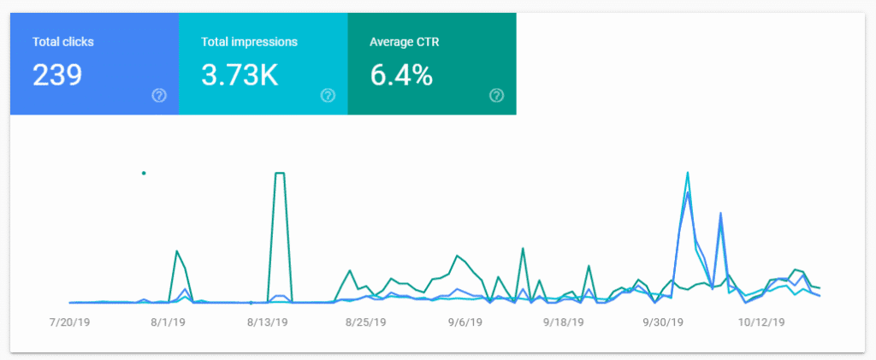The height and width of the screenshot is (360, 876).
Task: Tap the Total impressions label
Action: [x=249, y=41]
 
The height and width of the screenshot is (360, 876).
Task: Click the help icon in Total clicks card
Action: [x=158, y=95]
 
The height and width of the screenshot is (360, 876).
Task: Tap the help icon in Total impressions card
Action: [x=328, y=95]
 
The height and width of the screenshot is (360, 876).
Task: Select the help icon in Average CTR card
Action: [x=496, y=95]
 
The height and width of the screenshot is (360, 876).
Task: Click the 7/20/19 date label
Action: [x=72, y=323]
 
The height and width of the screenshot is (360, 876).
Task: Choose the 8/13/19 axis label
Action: [x=269, y=323]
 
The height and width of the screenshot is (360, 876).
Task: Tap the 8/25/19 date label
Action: [x=366, y=323]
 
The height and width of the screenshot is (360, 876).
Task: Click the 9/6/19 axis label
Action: [x=464, y=323]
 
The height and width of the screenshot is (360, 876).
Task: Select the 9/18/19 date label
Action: [x=563, y=323]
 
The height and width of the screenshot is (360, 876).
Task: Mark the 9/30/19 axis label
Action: [x=662, y=323]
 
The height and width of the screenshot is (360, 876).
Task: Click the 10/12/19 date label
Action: [x=761, y=323]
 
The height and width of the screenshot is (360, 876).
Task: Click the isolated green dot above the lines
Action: [x=144, y=173]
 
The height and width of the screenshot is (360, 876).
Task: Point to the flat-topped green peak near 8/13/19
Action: [x=279, y=174]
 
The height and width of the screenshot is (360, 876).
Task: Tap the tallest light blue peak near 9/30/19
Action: [x=687, y=173]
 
